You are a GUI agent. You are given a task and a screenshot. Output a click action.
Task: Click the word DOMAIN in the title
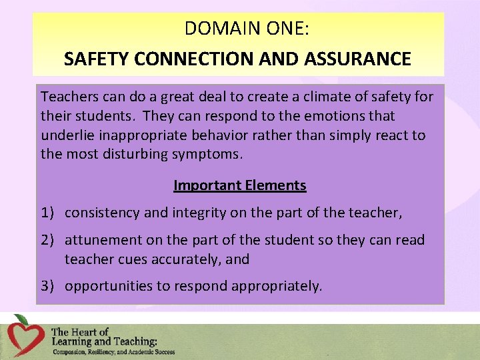coord(213,29)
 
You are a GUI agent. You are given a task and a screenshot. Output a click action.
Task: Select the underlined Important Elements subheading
coord(239,185)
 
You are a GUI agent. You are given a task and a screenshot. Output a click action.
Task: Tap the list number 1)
coord(48,213)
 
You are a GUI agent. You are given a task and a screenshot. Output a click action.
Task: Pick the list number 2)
coord(48,240)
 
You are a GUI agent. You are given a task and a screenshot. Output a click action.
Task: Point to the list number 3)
coord(48,287)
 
